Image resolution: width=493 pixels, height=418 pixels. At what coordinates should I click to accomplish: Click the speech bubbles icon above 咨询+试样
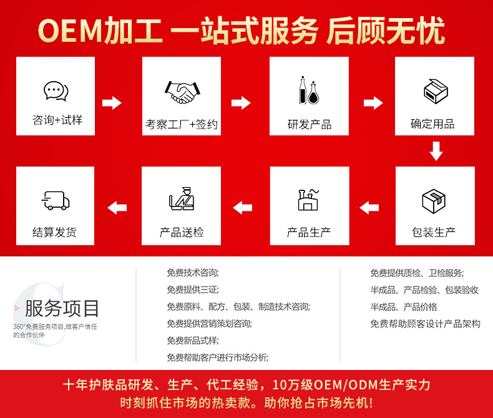56,91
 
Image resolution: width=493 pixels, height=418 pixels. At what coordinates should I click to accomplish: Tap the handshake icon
181,93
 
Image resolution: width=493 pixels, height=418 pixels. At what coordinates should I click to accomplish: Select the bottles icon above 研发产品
309,90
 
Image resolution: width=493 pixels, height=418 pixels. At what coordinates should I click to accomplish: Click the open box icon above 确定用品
436,91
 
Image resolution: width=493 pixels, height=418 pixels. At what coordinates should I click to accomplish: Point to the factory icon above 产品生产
308,200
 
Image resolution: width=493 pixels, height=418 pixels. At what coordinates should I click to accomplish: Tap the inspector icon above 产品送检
181,200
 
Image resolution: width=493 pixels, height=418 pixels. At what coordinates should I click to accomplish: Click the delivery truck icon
55,200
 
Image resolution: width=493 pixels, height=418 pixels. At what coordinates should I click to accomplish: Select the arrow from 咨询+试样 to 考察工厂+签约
112,103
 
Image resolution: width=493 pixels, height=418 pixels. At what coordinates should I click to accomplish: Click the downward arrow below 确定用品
436,151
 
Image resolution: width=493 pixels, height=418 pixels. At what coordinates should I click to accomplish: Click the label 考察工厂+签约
182,124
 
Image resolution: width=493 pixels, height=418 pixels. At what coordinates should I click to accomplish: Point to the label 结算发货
55,233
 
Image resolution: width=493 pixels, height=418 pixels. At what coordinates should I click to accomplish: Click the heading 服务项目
62,308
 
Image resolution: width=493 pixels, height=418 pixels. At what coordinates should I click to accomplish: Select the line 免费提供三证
193,289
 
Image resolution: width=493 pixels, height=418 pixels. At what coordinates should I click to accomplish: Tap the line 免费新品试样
193,340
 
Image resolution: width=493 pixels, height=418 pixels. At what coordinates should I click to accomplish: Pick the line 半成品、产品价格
403,306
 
